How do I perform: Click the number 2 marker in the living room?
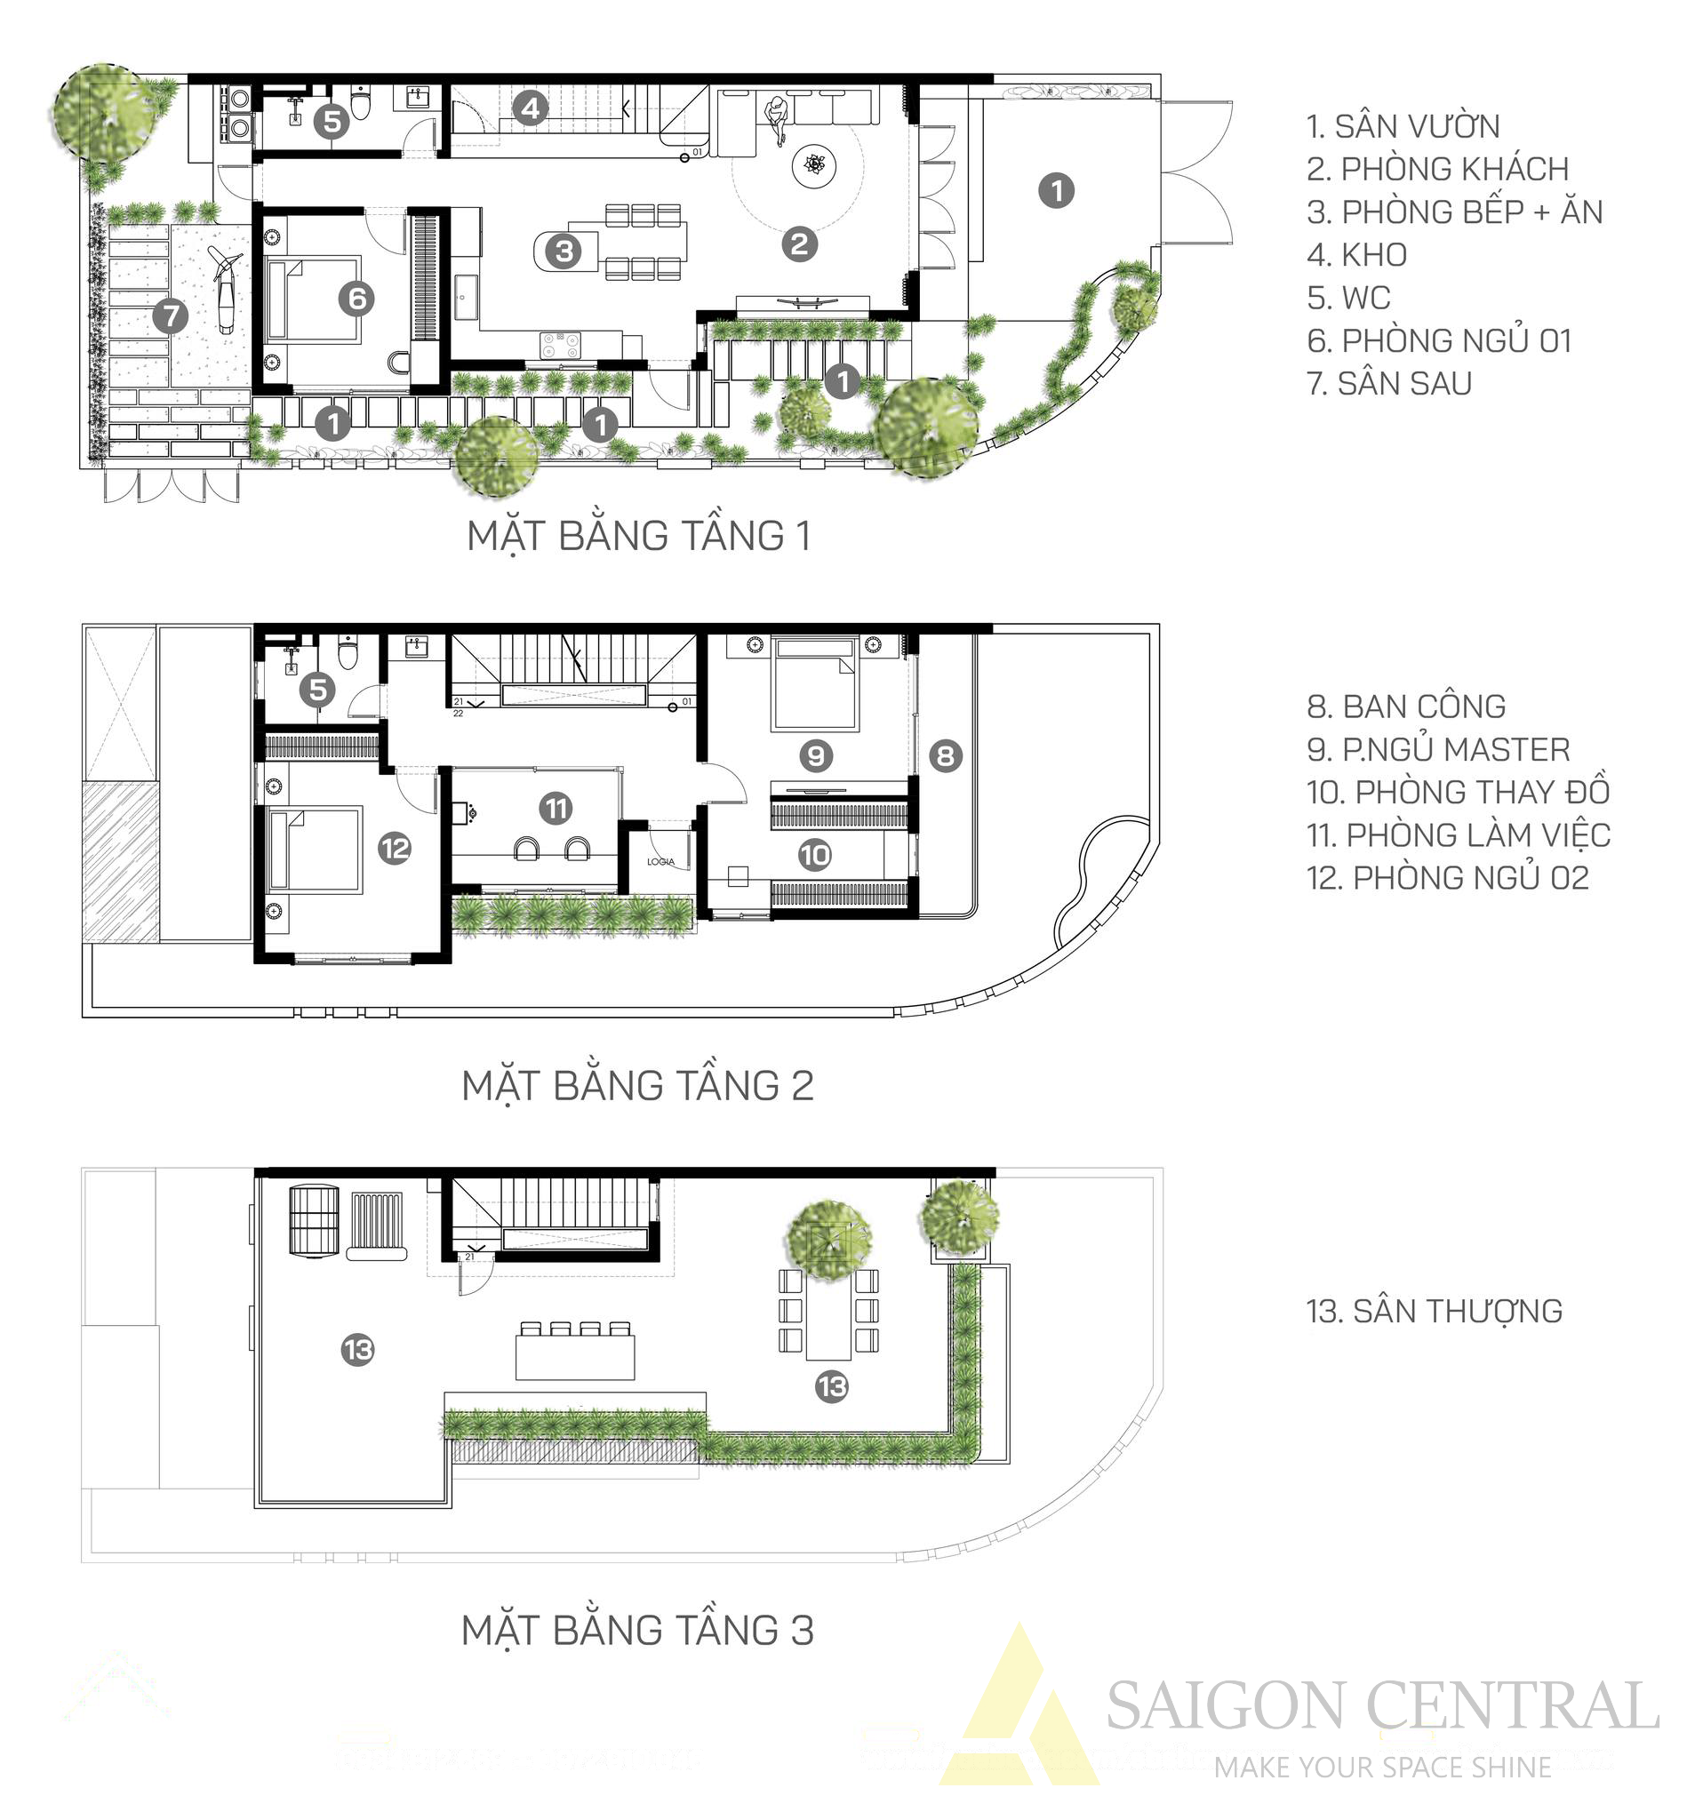pos(800,243)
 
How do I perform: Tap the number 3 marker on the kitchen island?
pos(564,250)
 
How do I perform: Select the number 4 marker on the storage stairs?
pos(531,109)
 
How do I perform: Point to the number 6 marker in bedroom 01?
pos(356,298)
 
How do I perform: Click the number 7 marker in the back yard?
pos(170,315)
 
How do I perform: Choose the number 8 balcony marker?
pos(946,754)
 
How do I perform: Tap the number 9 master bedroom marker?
pos(815,754)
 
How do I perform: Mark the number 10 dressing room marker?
pos(814,854)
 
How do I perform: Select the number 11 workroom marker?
pos(555,808)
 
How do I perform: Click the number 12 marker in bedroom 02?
pos(395,849)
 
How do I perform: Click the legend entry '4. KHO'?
pos(1356,255)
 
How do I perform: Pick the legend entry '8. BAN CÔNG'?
pos(1407,706)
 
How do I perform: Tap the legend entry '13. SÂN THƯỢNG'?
pos(1435,1311)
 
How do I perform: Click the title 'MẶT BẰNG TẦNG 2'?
pos(637,1085)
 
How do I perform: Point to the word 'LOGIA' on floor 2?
pos(661,862)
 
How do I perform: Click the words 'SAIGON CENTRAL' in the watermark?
pos(1382,1706)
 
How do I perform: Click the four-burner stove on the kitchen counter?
pos(561,344)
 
